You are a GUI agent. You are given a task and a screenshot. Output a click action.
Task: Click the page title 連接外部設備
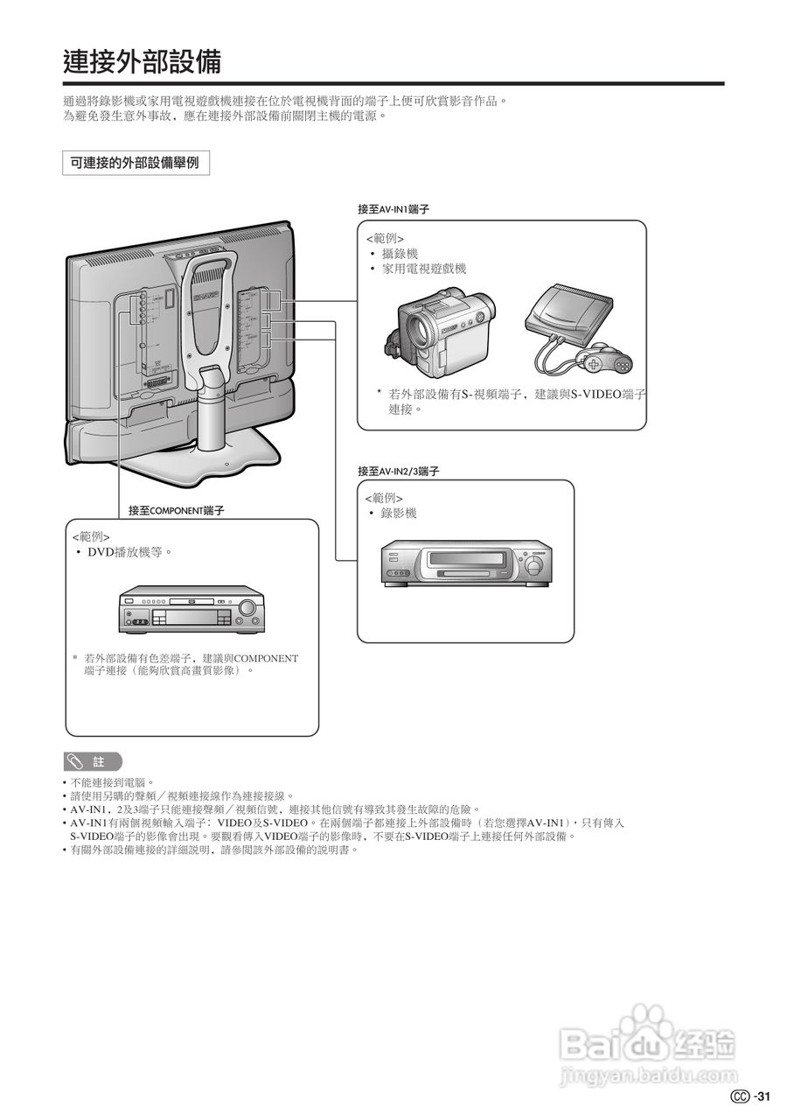click(x=142, y=62)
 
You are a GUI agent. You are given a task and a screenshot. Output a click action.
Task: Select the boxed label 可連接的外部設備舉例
click(x=136, y=164)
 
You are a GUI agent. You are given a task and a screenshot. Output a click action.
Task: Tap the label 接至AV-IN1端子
click(x=393, y=210)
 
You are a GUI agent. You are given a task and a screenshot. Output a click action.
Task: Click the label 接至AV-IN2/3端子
click(x=398, y=471)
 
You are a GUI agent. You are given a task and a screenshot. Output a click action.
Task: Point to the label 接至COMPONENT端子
click(x=176, y=510)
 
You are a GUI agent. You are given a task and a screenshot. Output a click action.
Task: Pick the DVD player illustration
click(x=192, y=609)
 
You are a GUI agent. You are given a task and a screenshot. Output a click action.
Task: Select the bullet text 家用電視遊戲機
click(x=424, y=269)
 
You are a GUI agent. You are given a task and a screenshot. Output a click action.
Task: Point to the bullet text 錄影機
click(x=399, y=514)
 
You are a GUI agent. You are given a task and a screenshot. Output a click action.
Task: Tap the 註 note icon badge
click(x=93, y=761)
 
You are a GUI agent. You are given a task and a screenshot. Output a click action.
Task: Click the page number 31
click(x=763, y=1097)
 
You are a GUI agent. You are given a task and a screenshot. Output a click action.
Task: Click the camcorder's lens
click(x=419, y=327)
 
